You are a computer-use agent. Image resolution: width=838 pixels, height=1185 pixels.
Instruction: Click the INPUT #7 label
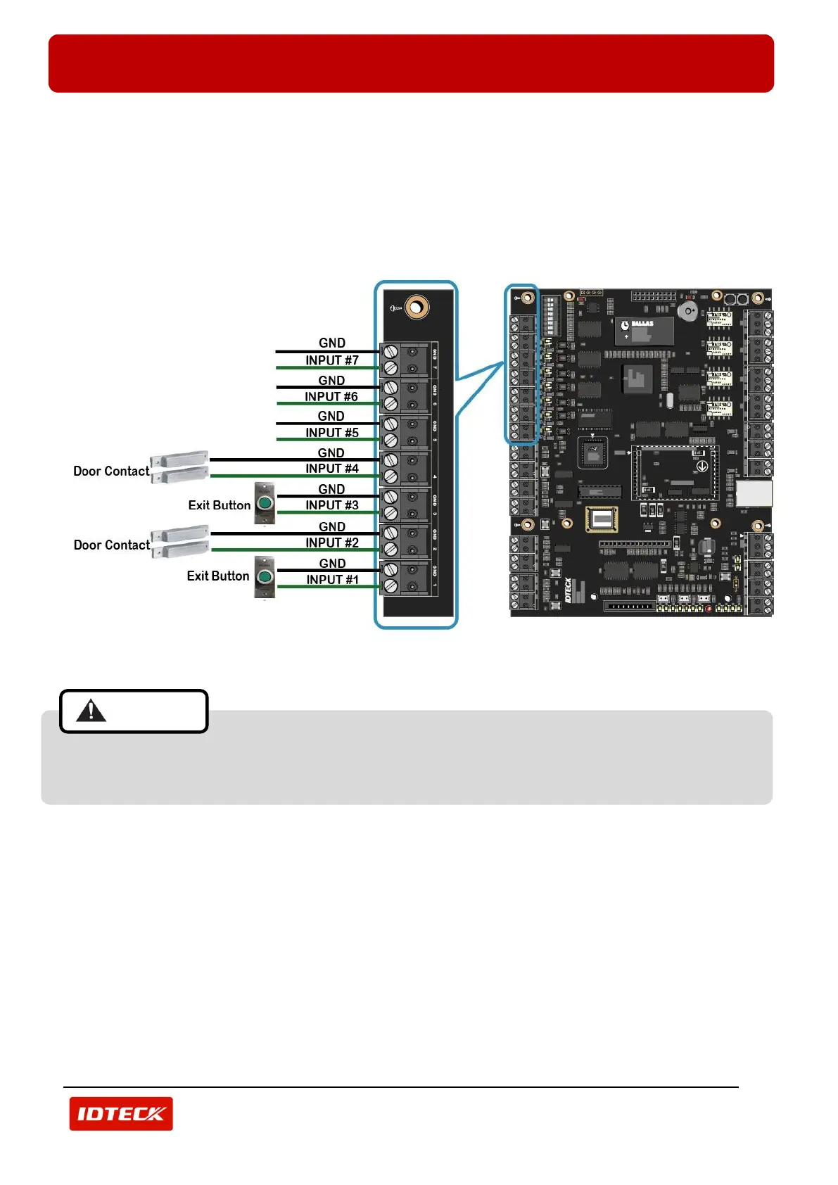331,360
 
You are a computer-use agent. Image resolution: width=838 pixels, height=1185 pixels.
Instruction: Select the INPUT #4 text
331,469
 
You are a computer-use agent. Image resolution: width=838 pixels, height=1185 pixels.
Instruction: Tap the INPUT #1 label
332,580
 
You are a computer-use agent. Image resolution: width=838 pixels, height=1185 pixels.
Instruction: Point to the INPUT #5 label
331,433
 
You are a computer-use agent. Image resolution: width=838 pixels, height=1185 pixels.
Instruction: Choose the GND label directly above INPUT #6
331,381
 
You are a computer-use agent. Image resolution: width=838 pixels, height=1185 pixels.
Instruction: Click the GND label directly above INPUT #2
332,527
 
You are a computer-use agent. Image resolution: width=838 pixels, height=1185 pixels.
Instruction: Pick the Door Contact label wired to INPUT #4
111,471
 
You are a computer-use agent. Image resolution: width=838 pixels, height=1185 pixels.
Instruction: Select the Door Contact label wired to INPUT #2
111,545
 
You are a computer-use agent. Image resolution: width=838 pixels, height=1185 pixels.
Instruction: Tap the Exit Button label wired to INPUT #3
219,505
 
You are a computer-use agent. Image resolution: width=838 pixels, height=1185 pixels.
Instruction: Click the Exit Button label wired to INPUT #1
217,576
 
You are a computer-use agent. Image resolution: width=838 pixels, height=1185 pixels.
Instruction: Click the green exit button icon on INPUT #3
265,503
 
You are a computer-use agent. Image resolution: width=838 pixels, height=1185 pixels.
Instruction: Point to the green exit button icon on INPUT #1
265,577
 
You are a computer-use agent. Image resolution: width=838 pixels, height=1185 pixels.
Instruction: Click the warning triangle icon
91,711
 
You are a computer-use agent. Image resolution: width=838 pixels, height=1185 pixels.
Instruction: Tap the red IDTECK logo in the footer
121,1114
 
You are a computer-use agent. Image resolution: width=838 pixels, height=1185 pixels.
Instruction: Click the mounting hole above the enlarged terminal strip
417,307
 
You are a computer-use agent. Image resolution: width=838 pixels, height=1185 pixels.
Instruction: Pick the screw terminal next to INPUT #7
391,368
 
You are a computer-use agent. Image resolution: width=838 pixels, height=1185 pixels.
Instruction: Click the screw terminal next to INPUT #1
391,586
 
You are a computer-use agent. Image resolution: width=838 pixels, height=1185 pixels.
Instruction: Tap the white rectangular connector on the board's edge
754,493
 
